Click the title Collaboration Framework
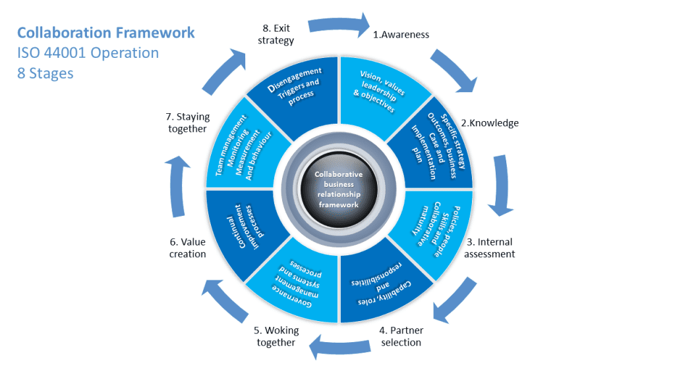(x=105, y=32)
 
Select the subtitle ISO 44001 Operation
(x=88, y=53)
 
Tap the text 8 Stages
(x=45, y=73)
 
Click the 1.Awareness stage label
(x=401, y=34)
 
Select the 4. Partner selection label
(x=401, y=336)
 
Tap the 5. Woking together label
(x=276, y=336)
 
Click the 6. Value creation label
(x=188, y=248)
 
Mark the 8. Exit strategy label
(x=276, y=34)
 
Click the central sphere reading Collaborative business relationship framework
(x=338, y=189)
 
